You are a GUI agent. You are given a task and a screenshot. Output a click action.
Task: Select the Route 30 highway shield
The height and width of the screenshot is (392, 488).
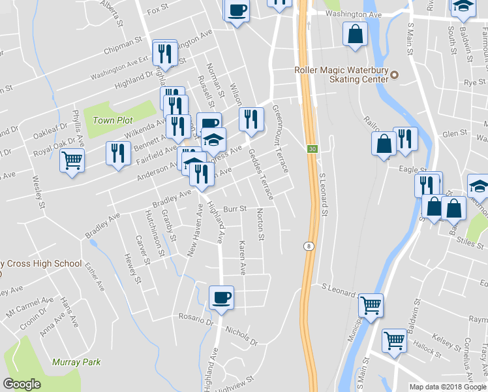click(313, 150)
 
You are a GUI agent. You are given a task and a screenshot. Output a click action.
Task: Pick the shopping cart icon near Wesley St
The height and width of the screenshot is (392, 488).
click(72, 159)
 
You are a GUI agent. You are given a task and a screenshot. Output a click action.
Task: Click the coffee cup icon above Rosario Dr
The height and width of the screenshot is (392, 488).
click(221, 297)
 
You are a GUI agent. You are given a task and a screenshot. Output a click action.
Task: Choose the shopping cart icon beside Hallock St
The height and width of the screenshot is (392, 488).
click(394, 340)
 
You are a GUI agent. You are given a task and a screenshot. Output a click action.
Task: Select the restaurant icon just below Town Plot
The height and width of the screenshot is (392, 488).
click(117, 154)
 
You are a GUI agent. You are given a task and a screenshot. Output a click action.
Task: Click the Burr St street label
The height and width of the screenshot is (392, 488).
click(234, 209)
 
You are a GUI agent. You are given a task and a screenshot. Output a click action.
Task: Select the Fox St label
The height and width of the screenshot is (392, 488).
click(158, 11)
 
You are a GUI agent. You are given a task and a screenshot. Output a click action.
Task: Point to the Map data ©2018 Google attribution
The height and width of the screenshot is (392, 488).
click(447, 387)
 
